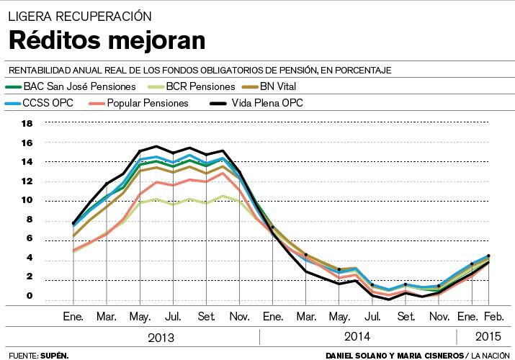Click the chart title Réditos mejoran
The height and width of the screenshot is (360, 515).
point(107,40)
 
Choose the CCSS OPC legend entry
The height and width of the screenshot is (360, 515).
point(48,103)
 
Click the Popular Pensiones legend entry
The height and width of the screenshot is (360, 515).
point(146,103)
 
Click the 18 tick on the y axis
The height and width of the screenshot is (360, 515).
point(27,123)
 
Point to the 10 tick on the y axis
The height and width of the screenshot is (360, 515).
point(27,201)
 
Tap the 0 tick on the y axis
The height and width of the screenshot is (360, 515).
point(30,296)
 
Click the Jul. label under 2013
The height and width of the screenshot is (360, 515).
point(172,316)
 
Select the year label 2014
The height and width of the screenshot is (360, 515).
point(357,337)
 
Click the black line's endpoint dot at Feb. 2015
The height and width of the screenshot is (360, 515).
point(489,256)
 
